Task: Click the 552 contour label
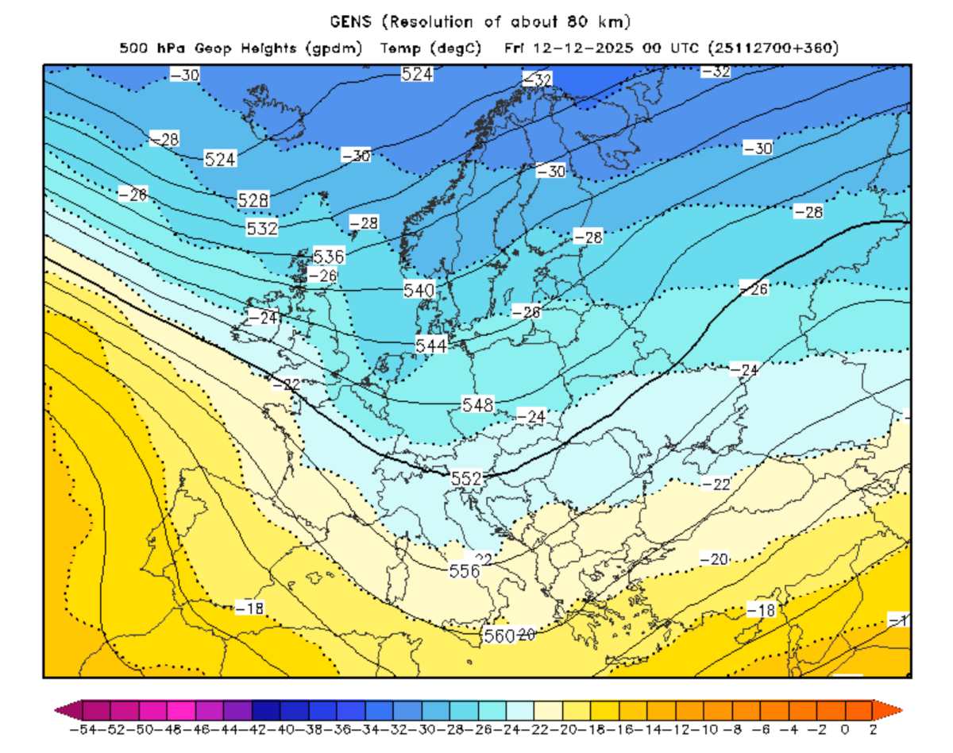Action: [x=466, y=479]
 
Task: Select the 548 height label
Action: [x=478, y=405]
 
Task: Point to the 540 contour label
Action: [x=419, y=290]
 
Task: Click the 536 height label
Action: [x=329, y=257]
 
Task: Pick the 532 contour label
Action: [x=262, y=229]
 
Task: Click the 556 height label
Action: [x=465, y=570]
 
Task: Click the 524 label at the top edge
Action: [x=417, y=74]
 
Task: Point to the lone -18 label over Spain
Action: [x=249, y=608]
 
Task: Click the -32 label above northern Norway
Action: [x=537, y=79]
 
